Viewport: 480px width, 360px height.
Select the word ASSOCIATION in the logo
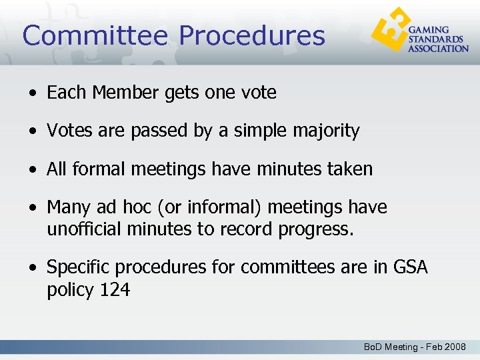coord(438,49)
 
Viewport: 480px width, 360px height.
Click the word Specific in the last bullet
coord(78,267)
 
